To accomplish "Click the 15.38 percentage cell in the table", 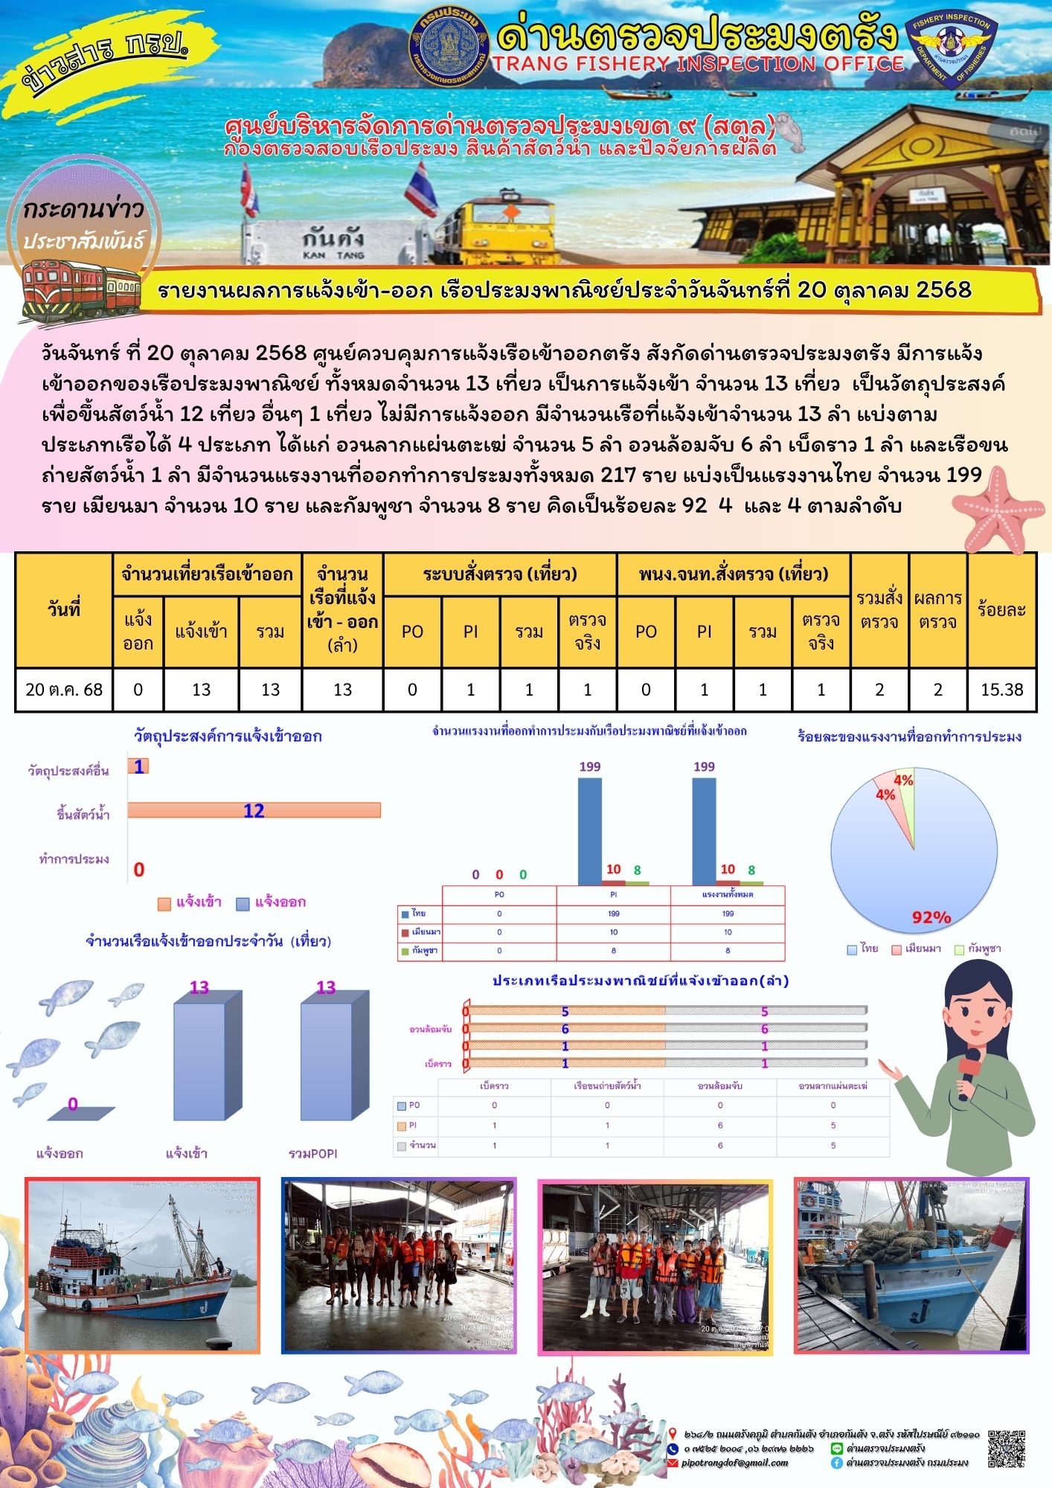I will click(1001, 690).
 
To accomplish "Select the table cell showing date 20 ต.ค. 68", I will click(64, 690).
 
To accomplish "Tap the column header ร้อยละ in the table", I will click(1001, 610).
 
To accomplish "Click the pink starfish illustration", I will click(997, 510).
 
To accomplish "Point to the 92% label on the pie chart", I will click(931, 917).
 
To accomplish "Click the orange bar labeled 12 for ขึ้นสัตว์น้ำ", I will click(254, 810).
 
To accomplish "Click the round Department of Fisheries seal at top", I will click(449, 46).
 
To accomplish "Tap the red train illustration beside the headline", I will click(80, 289).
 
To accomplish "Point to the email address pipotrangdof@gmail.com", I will click(735, 1463).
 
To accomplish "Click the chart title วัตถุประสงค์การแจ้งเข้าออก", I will click(228, 737).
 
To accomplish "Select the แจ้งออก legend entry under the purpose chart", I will click(272, 902).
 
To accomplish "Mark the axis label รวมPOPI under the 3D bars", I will click(312, 1153).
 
